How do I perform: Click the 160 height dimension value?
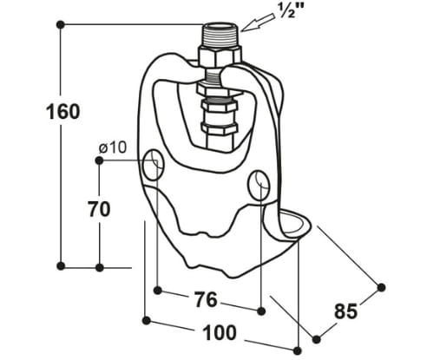point(63,112)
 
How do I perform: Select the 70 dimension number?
point(99,209)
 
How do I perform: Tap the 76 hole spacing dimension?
point(206,299)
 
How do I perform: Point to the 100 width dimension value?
point(220,333)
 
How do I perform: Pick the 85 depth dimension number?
point(346,311)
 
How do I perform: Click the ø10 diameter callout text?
point(113,147)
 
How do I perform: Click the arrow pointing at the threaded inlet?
point(258,22)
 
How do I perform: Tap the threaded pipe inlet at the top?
point(220,35)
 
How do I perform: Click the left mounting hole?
point(154,165)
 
